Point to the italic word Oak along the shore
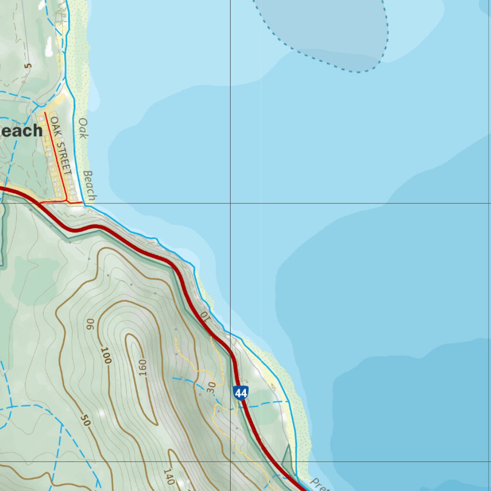pos(83,128)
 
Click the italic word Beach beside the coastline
pos(90,186)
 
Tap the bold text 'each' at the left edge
pos(22,131)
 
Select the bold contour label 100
pos(106,355)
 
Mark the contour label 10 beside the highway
pos(205,316)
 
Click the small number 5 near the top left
pos(28,66)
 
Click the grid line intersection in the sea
pos(230,203)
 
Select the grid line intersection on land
pos(230,462)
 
